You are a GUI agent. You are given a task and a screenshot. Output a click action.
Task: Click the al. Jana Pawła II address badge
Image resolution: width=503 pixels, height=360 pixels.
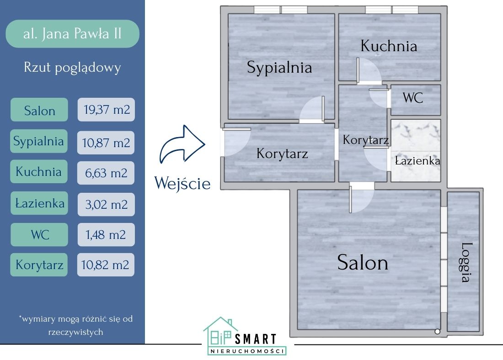point(72,34)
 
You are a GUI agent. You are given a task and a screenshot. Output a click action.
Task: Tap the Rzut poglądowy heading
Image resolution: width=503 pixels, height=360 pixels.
point(72,68)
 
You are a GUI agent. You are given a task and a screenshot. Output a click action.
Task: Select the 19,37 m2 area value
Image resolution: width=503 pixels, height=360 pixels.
point(106,110)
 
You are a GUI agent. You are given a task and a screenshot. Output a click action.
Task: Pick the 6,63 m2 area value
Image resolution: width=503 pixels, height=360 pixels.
point(106,173)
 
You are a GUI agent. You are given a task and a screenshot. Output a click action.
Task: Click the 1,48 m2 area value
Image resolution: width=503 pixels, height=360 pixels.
point(106,235)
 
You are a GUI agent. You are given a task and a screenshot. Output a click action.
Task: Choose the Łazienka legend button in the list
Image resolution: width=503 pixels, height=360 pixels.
point(39,204)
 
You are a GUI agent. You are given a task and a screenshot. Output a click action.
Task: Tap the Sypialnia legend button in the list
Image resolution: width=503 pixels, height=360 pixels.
point(39,141)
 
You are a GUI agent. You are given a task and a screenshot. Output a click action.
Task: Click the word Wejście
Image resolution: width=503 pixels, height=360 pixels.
point(182,183)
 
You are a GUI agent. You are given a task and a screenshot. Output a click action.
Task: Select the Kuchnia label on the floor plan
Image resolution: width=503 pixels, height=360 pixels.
point(389,46)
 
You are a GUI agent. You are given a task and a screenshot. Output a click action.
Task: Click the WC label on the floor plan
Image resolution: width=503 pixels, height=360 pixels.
point(412,98)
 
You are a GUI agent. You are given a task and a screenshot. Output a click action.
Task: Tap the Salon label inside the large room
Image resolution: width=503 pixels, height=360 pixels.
point(363,263)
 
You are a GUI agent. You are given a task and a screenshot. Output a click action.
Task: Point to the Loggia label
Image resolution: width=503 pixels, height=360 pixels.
point(466,262)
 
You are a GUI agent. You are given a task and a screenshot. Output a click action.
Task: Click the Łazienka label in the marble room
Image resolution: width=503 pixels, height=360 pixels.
point(417,161)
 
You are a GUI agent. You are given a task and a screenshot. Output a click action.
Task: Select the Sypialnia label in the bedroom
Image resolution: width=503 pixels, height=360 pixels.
point(279,68)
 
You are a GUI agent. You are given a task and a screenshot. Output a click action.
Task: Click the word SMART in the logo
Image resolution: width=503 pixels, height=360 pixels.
point(256,339)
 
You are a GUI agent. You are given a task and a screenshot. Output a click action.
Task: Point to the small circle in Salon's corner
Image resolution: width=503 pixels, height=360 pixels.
point(438,331)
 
